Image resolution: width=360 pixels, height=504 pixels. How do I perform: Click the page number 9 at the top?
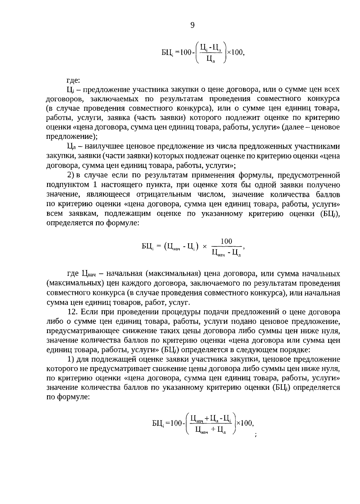click(x=192, y=25)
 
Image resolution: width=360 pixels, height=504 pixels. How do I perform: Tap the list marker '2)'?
click(x=70, y=175)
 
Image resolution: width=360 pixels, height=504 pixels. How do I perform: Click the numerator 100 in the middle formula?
click(x=226, y=241)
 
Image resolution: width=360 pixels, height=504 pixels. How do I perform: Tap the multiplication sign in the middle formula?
click(x=205, y=247)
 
